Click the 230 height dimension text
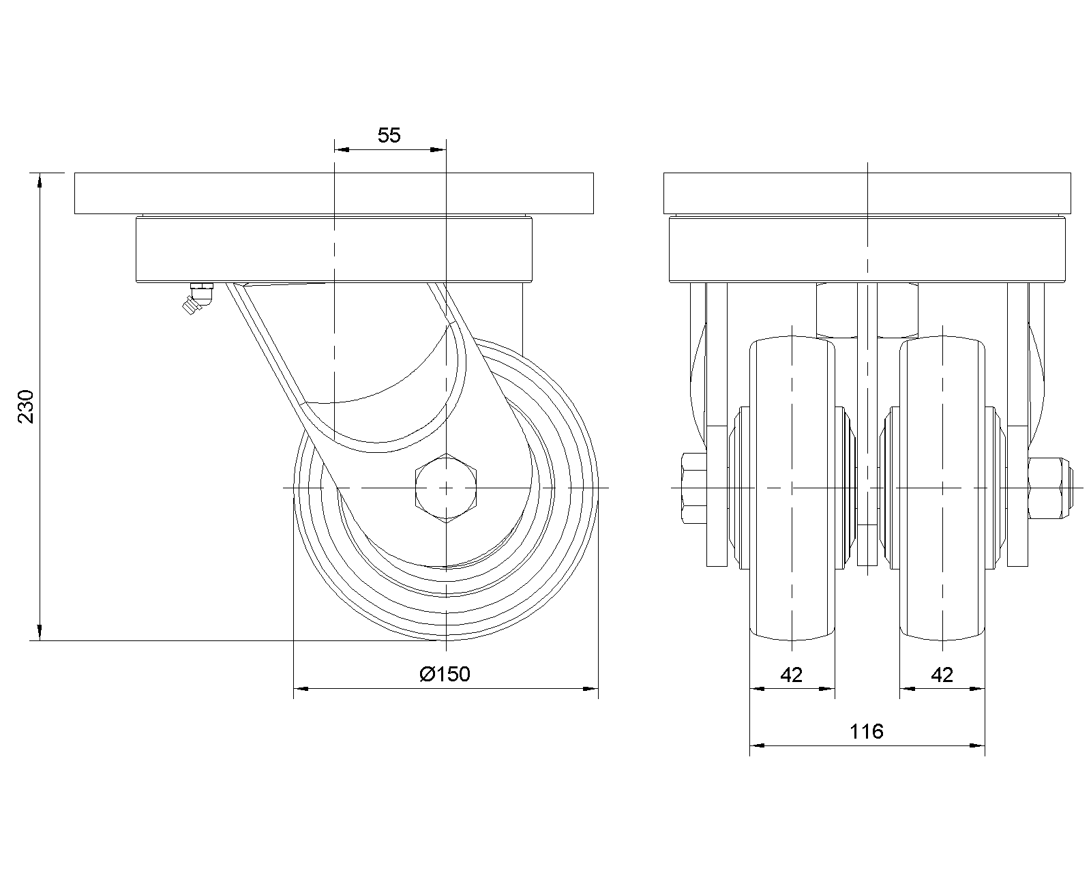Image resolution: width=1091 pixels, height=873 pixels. tap(25, 406)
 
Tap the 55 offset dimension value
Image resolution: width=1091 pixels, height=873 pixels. tap(389, 136)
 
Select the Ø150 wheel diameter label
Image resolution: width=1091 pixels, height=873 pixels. tap(445, 674)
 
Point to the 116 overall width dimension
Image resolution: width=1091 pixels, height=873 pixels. tap(867, 731)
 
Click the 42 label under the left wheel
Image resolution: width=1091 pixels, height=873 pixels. tap(792, 675)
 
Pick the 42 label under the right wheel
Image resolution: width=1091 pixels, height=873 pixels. tap(942, 675)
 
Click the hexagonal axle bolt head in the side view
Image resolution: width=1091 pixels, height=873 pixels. tap(446, 488)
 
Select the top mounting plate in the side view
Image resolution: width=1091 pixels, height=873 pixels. tap(334, 193)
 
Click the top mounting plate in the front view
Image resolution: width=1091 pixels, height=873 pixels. tap(867, 193)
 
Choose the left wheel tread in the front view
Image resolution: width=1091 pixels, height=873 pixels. tap(792, 488)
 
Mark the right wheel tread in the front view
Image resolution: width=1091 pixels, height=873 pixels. tap(942, 488)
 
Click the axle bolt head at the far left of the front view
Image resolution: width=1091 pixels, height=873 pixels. tap(694, 488)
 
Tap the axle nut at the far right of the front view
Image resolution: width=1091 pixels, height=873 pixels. tap(1050, 488)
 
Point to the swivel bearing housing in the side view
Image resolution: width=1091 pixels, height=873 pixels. tap(334, 250)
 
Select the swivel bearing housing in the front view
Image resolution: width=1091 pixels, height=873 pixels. tap(867, 250)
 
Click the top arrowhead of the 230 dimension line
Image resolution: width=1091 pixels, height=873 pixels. tap(40, 181)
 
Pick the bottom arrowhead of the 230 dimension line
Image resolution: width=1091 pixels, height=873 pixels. tap(40, 632)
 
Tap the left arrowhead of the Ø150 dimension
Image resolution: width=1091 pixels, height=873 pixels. tap(301, 689)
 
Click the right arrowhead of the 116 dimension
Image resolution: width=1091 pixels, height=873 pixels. tap(977, 745)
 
